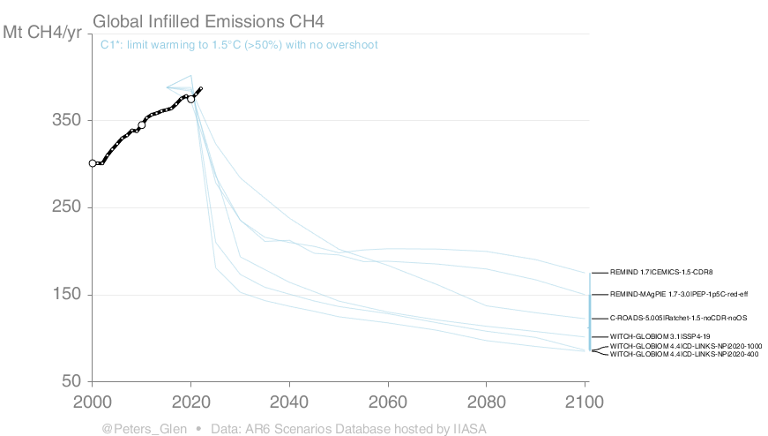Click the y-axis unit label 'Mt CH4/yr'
point(44,33)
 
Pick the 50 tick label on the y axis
point(71,381)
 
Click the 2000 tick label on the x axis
point(92,402)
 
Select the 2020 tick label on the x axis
point(190,402)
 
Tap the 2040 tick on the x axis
point(288,402)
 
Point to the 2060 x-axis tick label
point(387,402)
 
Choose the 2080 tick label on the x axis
point(485,402)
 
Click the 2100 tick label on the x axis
point(584,402)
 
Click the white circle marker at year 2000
point(93,163)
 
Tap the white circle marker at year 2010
point(142,125)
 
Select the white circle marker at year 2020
point(190,99)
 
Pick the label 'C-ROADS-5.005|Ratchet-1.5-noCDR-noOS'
point(678,317)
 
